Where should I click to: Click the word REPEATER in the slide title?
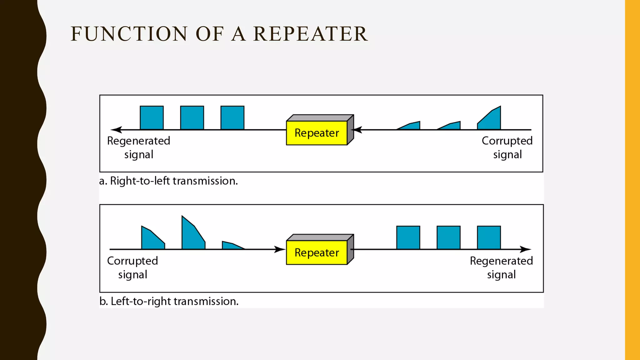(x=310, y=34)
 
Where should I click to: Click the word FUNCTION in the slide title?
(x=129, y=34)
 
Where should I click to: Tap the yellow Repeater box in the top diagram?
(x=317, y=133)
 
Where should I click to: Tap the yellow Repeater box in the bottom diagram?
(x=317, y=252)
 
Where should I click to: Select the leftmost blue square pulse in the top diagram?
(x=152, y=118)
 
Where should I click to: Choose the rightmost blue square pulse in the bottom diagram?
(x=489, y=237)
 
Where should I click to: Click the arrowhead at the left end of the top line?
(x=116, y=130)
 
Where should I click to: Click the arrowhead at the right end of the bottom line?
(x=526, y=249)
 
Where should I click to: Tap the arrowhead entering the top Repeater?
(x=357, y=130)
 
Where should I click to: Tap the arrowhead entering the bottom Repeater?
(x=280, y=249)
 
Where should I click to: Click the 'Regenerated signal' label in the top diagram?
(x=139, y=147)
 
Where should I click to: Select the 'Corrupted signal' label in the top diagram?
(x=507, y=147)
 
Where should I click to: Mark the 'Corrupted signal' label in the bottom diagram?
(x=132, y=267)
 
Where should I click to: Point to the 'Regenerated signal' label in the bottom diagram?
(x=501, y=267)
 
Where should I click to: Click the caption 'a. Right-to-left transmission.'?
(x=168, y=181)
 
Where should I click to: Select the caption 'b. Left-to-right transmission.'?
(x=169, y=301)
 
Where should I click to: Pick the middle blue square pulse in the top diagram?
(x=192, y=118)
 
